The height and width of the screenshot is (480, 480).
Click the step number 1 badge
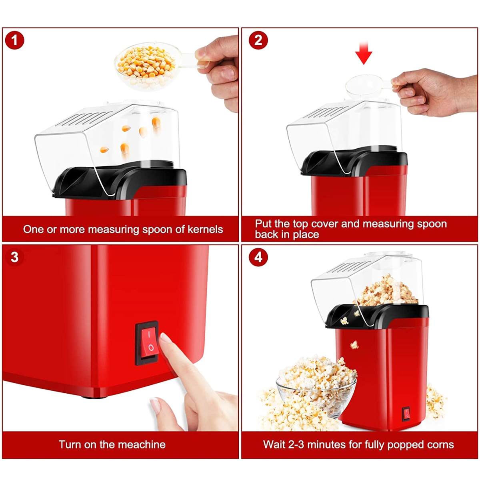14,40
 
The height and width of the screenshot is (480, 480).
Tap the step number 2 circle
258,40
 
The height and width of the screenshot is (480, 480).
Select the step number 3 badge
14,257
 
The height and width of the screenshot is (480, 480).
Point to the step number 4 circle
258,257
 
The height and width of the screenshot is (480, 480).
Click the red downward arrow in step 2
364,53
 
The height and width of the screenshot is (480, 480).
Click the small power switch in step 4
406,414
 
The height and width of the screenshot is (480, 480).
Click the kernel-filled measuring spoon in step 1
154,66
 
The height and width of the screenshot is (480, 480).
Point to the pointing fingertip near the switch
165,338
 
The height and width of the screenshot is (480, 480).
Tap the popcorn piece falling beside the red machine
354,344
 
